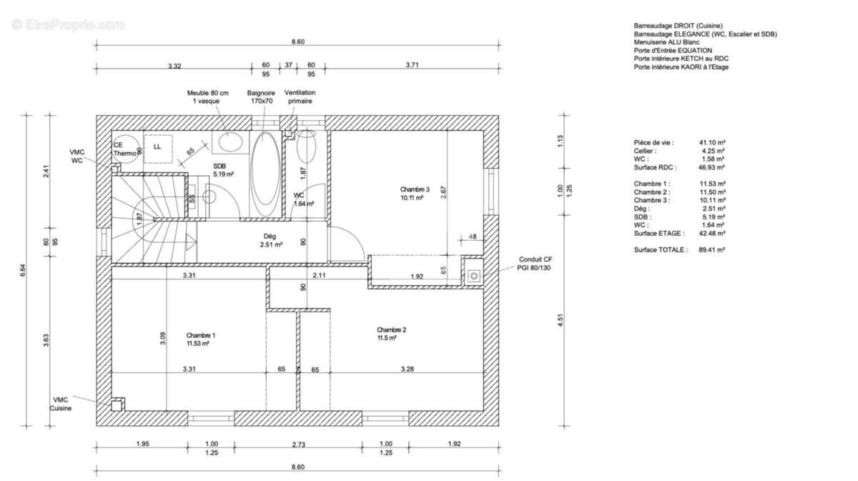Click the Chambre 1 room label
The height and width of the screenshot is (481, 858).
click(x=201, y=339)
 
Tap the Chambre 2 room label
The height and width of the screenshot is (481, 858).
click(x=391, y=334)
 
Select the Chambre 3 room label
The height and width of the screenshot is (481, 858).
click(x=415, y=194)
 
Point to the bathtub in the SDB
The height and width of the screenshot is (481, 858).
click(x=265, y=174)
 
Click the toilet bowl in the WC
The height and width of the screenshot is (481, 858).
click(x=306, y=146)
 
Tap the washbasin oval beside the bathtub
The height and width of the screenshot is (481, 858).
click(x=230, y=142)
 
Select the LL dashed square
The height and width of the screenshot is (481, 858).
click(x=158, y=149)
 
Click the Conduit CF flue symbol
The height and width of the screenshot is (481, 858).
click(x=474, y=276)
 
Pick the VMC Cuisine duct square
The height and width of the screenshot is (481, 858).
click(x=117, y=405)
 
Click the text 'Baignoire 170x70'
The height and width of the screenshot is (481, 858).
click(x=261, y=97)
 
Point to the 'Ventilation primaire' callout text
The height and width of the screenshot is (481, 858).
click(x=300, y=97)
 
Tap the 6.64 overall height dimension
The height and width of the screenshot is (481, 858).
click(x=24, y=270)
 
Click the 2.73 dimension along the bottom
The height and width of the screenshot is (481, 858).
click(x=298, y=445)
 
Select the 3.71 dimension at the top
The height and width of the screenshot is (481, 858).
click(x=412, y=65)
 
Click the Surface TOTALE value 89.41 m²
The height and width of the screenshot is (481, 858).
click(x=711, y=249)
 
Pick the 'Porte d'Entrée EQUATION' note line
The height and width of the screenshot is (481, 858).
click(x=673, y=51)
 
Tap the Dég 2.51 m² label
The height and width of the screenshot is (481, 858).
click(x=271, y=240)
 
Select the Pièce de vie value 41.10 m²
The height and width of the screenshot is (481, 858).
click(x=712, y=142)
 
